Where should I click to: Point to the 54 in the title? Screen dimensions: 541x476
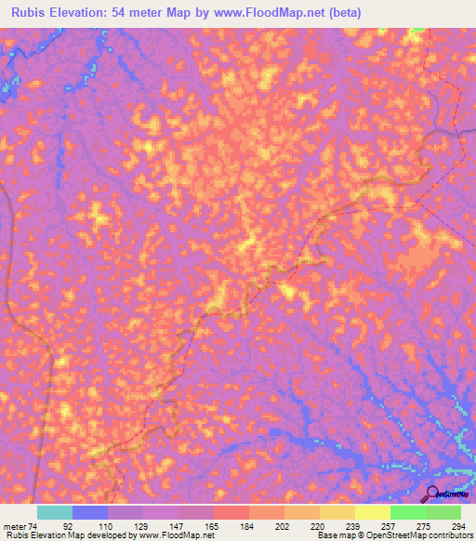(125, 12)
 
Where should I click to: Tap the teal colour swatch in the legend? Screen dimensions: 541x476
(55, 512)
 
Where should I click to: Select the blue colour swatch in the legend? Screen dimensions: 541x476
(90, 512)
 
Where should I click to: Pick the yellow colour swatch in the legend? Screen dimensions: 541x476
(337, 512)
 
